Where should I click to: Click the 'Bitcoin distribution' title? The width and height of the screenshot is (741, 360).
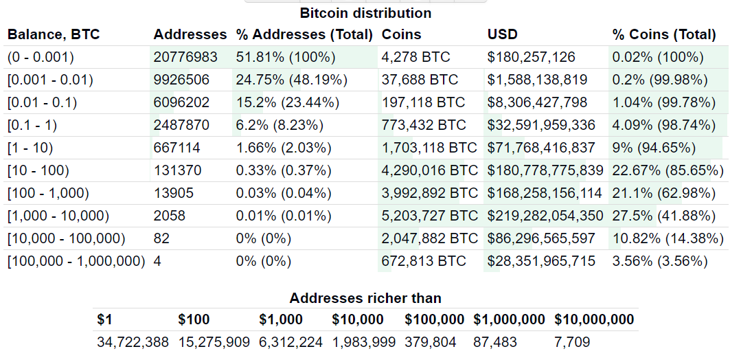(365, 13)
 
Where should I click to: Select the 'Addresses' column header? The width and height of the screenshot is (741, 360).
(190, 34)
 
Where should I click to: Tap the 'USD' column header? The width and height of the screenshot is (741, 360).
(503, 34)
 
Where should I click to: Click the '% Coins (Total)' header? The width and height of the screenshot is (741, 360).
(664, 34)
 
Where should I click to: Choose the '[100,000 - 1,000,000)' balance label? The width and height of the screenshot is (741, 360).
(76, 261)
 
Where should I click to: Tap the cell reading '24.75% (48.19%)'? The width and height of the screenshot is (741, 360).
(291, 80)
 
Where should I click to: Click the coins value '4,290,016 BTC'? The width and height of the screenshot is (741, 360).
(430, 170)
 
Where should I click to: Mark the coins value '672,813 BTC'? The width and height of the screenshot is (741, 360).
(424, 261)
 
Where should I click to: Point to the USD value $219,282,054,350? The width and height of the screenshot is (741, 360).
(545, 216)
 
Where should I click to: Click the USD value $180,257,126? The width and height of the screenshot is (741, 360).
(531, 57)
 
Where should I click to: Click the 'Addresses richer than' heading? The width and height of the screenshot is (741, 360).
(365, 298)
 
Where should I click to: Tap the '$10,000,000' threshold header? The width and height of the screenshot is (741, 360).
(594, 319)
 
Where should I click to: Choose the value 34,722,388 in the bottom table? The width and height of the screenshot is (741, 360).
(133, 342)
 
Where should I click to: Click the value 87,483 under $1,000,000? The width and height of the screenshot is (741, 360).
(495, 342)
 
